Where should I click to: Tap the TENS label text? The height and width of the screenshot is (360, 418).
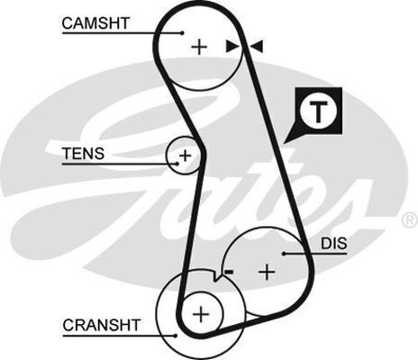pos(83,153)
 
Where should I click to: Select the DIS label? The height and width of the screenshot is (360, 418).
pos(332,243)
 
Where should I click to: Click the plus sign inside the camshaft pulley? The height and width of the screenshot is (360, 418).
pos(198,45)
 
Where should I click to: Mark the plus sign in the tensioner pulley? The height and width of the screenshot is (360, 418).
pos(185,156)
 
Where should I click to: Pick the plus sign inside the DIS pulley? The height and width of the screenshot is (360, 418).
pos(267,271)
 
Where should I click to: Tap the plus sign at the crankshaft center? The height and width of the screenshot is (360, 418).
pos(200,313)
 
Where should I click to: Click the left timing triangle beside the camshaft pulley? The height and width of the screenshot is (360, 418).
pos(232,45)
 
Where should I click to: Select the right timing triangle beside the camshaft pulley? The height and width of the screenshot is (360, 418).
pos(257,45)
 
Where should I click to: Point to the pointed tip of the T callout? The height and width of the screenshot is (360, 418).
pos(286,142)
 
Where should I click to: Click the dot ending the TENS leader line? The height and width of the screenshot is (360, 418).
pos(171,165)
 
